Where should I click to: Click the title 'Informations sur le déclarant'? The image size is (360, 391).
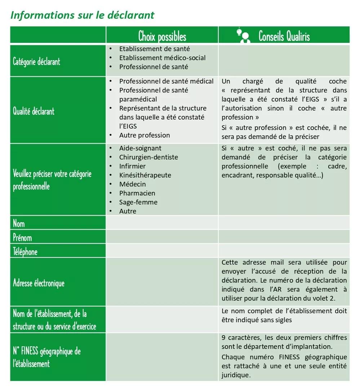[83, 15]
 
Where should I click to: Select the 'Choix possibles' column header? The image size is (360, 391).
[162, 36]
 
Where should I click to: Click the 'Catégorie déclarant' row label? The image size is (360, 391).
[36, 61]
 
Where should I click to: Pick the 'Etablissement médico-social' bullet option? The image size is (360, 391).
[162, 58]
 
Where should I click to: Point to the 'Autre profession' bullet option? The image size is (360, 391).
[145, 135]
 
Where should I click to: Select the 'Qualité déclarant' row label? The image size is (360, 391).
[34, 111]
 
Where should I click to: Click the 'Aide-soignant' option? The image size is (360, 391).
[140, 148]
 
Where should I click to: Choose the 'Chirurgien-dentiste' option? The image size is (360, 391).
[148, 157]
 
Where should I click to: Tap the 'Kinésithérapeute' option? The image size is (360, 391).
[145, 175]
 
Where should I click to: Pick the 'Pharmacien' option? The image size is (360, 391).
[137, 193]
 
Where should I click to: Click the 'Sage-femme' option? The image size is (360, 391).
[138, 202]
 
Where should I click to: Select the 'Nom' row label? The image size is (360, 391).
[19, 224]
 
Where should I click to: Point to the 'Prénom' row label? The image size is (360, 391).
[22, 238]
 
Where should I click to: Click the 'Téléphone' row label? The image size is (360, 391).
[25, 252]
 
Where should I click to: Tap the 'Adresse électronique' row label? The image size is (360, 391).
[39, 283]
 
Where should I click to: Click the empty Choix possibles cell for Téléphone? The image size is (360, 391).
[162, 251]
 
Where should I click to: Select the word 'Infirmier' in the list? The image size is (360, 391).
[132, 166]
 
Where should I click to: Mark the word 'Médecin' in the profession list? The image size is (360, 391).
[133, 184]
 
